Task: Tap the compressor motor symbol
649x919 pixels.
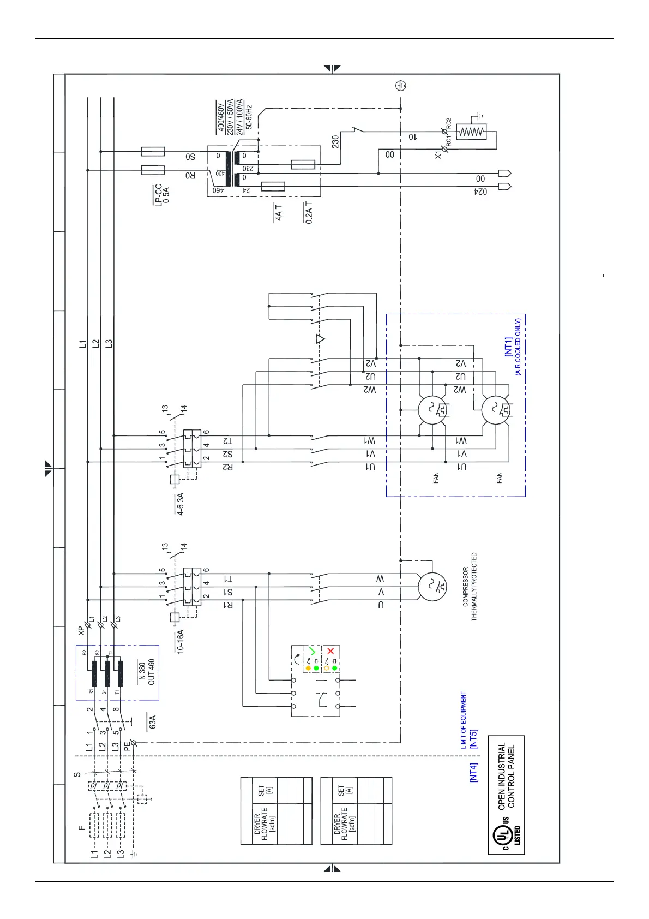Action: tap(432, 587)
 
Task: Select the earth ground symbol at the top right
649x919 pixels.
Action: tap(401, 86)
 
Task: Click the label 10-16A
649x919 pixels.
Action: tap(180, 641)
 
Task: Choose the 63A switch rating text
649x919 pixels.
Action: tap(153, 722)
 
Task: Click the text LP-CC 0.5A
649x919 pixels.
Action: tap(162, 194)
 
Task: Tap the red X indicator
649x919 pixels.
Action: tap(330, 651)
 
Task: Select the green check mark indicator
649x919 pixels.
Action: tap(312, 651)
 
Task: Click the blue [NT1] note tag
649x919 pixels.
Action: tap(508, 347)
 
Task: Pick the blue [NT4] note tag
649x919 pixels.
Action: tap(473, 772)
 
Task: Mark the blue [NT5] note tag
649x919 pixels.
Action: tap(473, 738)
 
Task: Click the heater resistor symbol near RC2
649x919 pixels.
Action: tap(471, 132)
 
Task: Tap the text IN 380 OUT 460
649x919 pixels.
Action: tap(147, 672)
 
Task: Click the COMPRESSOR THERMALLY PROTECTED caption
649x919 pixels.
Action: tap(470, 587)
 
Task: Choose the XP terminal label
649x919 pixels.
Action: tap(81, 630)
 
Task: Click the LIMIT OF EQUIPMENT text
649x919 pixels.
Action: tap(463, 719)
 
